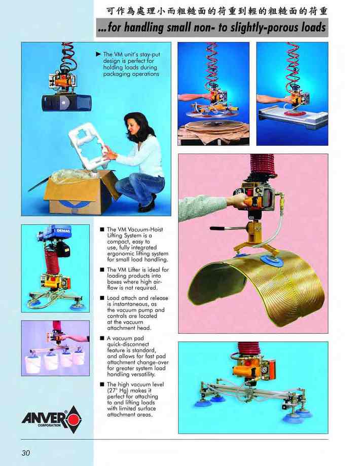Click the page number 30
(x=26, y=453)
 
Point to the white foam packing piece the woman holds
(x=88, y=146)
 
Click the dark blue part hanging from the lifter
(x=66, y=103)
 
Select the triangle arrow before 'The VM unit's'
(x=98, y=54)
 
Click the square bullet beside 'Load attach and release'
(x=102, y=298)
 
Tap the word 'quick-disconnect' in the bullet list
(x=128, y=344)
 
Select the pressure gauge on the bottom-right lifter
(x=264, y=370)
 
